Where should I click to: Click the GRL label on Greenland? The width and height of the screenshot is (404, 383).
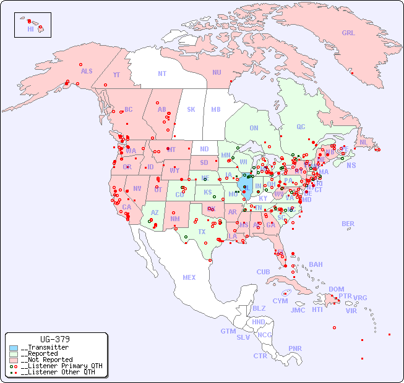(348, 33)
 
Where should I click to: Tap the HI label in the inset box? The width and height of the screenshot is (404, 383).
(30, 28)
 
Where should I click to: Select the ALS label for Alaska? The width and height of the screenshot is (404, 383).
(87, 71)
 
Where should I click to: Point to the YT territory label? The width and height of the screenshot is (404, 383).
(116, 74)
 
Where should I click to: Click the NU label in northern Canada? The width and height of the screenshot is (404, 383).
(217, 72)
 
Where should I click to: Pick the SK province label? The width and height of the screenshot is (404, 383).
(191, 109)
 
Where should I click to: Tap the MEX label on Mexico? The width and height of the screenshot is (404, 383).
(189, 277)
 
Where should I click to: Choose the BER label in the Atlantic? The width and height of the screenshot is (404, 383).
(348, 224)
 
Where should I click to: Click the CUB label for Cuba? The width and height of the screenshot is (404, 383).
(263, 272)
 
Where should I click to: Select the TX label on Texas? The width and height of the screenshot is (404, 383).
(202, 232)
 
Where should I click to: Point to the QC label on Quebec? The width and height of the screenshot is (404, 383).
(301, 127)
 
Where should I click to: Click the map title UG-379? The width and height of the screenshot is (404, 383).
(54, 339)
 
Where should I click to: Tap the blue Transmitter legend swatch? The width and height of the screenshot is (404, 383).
(14, 348)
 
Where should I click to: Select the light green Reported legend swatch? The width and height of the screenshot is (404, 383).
(14, 354)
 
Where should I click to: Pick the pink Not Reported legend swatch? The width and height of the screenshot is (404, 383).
(14, 360)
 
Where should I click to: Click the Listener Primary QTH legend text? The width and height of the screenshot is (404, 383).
(61, 366)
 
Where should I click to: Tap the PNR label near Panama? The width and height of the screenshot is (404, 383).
(295, 348)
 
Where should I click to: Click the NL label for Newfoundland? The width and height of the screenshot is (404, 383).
(363, 141)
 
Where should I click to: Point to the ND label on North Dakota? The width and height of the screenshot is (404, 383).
(204, 149)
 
